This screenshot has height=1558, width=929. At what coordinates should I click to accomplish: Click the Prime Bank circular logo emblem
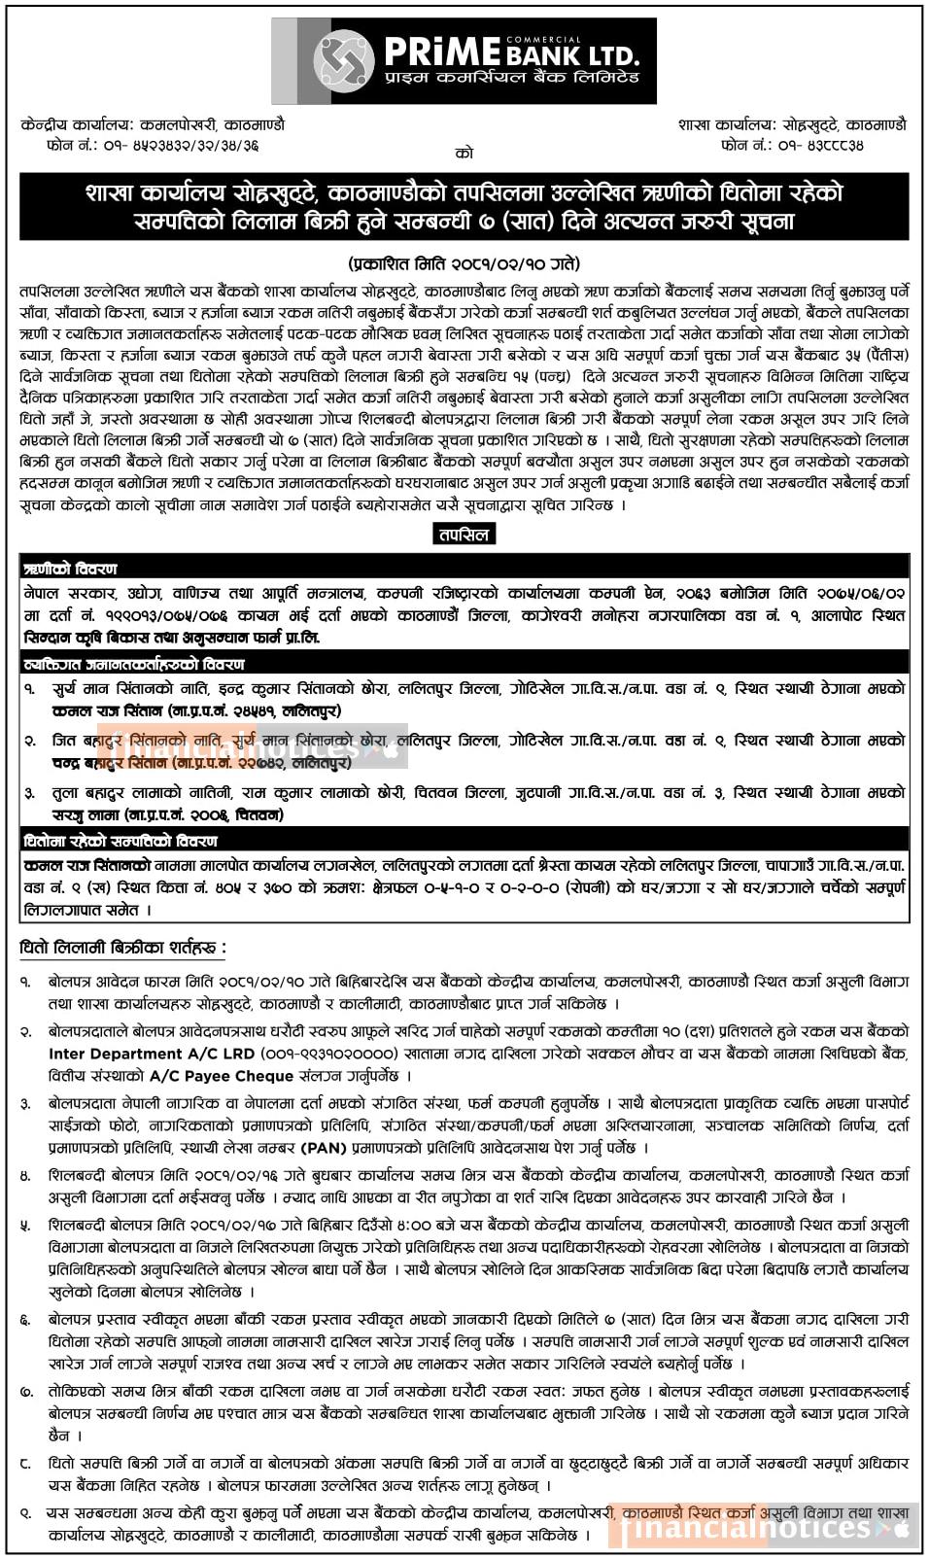pyautogui.click(x=342, y=60)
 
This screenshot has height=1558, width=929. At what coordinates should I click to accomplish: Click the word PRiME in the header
pyautogui.click(x=442, y=52)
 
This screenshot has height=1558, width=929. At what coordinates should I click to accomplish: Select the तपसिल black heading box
pyautogui.click(x=464, y=534)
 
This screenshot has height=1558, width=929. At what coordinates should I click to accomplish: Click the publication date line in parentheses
pyautogui.click(x=464, y=263)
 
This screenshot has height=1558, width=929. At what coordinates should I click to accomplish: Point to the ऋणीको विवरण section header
pyautogui.click(x=70, y=569)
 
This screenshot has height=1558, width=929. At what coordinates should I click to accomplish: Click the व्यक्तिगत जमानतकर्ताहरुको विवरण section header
pyautogui.click(x=134, y=665)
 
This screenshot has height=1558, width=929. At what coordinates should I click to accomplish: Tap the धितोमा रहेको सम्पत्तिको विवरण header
pyautogui.click(x=120, y=841)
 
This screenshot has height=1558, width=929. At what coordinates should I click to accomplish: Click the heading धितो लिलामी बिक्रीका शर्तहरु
pyautogui.click(x=122, y=947)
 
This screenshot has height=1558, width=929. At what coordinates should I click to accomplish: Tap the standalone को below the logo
pyautogui.click(x=464, y=153)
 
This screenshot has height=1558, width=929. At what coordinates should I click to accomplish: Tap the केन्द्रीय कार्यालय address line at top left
pyautogui.click(x=153, y=125)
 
